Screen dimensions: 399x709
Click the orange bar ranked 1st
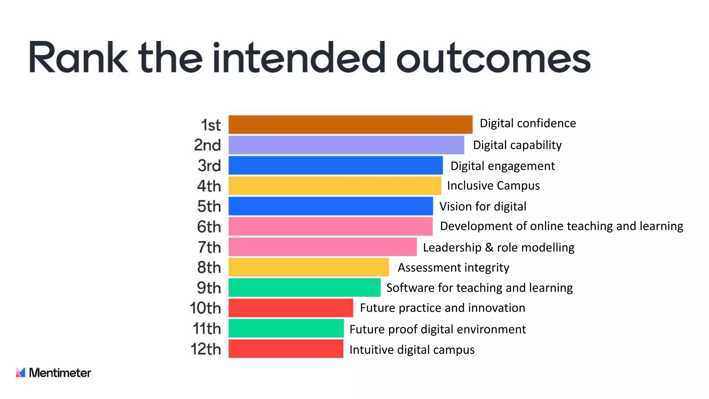(x=350, y=125)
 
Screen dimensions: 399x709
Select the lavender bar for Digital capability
(x=346, y=145)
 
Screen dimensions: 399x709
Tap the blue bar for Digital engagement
(x=335, y=166)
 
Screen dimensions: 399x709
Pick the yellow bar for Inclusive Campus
(x=335, y=186)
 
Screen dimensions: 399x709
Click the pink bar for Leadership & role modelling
(x=322, y=247)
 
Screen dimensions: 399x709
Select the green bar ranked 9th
(x=304, y=287)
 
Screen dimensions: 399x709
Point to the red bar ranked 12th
(x=286, y=349)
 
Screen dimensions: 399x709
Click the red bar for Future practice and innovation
(x=290, y=308)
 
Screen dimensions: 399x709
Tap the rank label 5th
(x=209, y=206)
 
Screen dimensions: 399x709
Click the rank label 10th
(x=205, y=308)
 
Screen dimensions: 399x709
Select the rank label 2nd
(x=207, y=145)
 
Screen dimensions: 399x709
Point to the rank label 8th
(x=209, y=267)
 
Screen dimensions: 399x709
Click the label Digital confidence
(x=528, y=123)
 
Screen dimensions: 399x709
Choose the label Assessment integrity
(x=453, y=267)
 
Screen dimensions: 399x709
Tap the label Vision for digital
(x=483, y=206)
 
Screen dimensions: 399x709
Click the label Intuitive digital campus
(x=412, y=349)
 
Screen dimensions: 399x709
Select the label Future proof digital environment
(x=438, y=329)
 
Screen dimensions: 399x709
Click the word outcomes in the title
(x=493, y=58)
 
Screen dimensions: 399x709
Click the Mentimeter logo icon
(x=21, y=373)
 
